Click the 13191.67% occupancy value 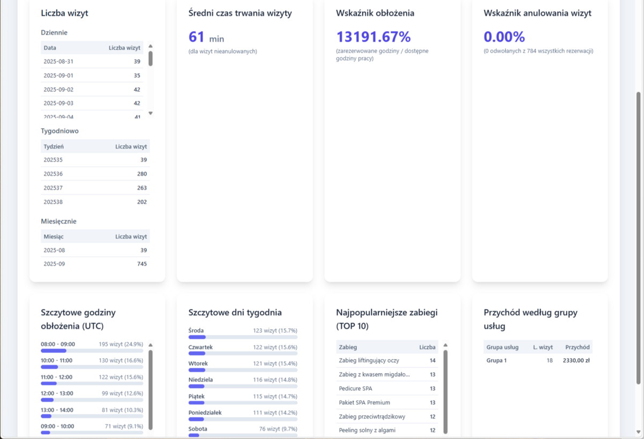pos(374,37)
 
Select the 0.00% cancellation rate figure pos(504,37)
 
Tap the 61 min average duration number pos(206,38)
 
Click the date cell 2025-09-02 pos(58,90)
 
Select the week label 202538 pos(53,202)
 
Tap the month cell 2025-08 pos(54,250)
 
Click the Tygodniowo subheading pos(60,131)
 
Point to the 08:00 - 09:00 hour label pos(58,344)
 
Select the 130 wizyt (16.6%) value pos(121,361)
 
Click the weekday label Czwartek pos(201,347)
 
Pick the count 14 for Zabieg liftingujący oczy pos(433,361)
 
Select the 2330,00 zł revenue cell pos(576,361)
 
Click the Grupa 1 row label pos(496,361)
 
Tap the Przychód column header pos(577,347)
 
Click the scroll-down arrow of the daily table pos(150,113)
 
